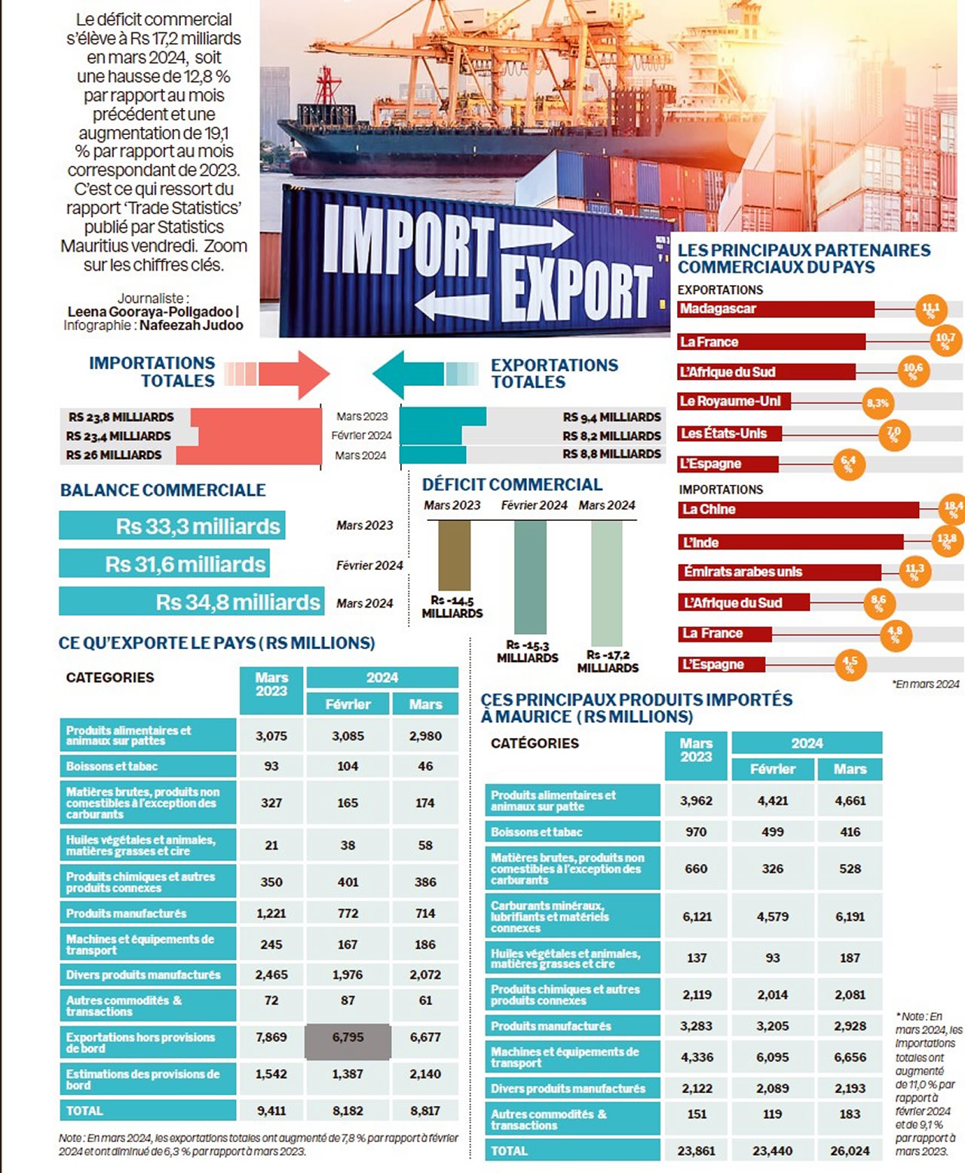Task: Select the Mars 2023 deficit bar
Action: [x=454, y=555]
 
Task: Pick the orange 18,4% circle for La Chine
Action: [x=953, y=510]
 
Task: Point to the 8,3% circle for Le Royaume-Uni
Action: [x=877, y=403]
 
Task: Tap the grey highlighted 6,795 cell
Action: [x=348, y=1038]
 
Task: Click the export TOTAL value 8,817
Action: [x=425, y=1110]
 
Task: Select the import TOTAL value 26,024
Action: [x=850, y=1151]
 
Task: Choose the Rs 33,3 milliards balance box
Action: [x=172, y=526]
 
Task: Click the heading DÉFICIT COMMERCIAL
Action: [x=512, y=485]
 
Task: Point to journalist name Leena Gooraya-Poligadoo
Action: [x=150, y=311]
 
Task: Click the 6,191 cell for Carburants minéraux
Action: [x=850, y=917]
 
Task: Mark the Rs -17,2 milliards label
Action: [x=608, y=661]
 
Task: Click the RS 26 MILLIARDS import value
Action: [x=114, y=455]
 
